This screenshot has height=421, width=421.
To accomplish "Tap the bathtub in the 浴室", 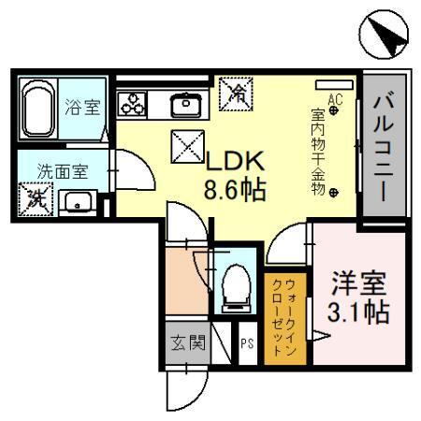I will click(x=39, y=110).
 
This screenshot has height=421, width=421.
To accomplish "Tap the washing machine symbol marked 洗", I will click(x=36, y=197).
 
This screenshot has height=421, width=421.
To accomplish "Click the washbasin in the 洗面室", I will click(x=78, y=200).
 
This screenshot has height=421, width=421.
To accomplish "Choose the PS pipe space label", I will click(x=247, y=344).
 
